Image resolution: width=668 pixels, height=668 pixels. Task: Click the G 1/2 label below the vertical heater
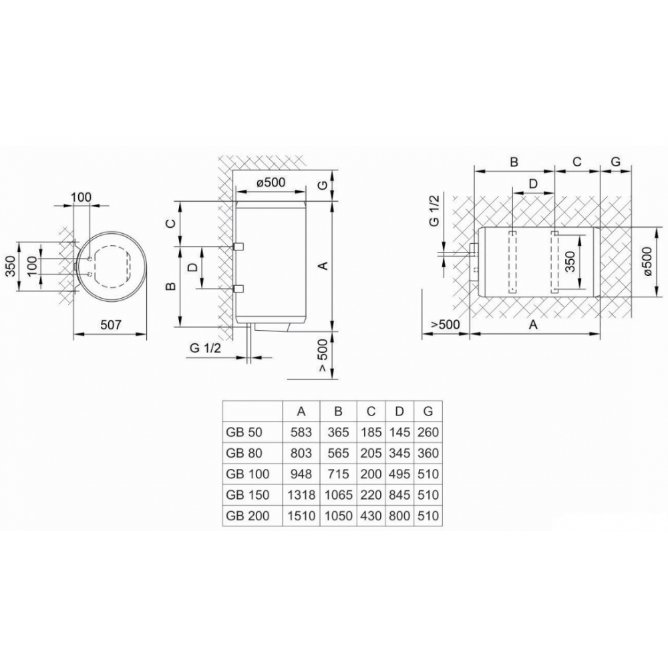click(x=205, y=347)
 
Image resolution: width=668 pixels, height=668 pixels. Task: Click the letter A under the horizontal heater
click(x=533, y=325)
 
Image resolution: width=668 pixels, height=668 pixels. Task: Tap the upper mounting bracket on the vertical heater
click(x=237, y=246)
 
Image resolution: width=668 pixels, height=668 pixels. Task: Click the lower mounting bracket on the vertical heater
click(x=237, y=288)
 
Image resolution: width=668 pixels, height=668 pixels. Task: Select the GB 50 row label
click(x=242, y=433)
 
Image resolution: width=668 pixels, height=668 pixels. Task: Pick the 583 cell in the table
click(x=302, y=433)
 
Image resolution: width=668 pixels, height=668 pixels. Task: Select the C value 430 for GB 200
click(x=370, y=516)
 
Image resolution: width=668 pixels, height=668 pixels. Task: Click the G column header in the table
click(x=428, y=411)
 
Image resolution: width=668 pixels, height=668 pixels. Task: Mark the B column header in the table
click(x=338, y=411)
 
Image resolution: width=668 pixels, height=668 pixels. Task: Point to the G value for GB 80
click(x=428, y=454)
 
